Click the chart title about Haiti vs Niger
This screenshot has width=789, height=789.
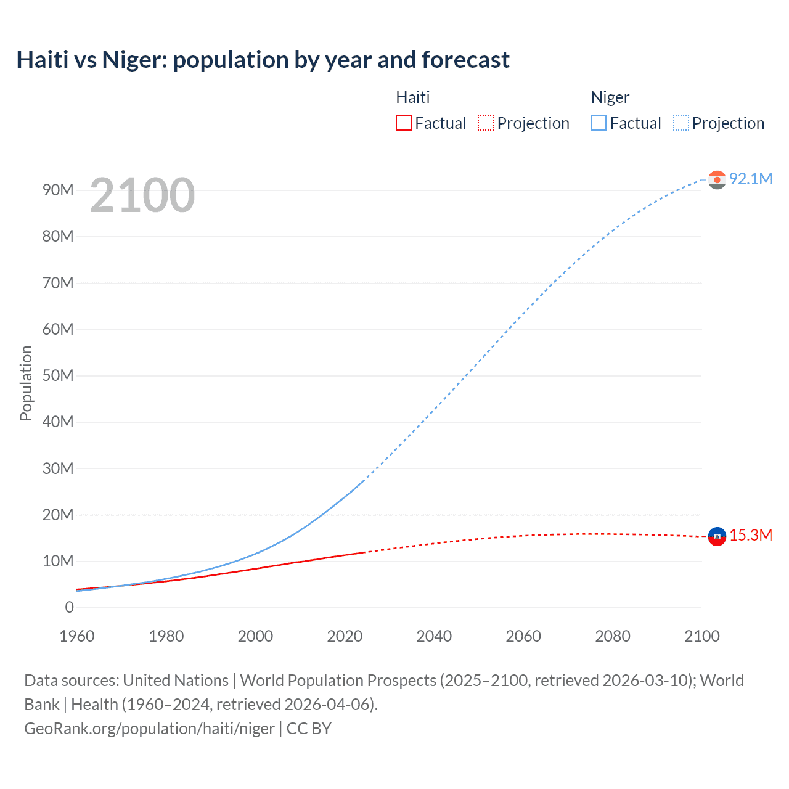(263, 60)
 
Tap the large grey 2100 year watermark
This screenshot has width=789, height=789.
(142, 195)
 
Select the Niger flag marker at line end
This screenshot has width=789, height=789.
(717, 179)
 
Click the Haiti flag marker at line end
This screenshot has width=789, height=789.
(717, 536)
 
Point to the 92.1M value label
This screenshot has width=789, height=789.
(750, 179)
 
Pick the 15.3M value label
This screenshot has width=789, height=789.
(750, 535)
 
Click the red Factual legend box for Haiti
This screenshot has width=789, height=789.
(403, 123)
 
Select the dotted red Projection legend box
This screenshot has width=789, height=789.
(486, 123)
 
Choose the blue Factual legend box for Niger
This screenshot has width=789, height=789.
(598, 123)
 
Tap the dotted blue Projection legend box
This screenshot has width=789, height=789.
(681, 123)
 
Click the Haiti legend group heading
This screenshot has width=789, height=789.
(412, 97)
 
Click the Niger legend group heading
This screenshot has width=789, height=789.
(610, 97)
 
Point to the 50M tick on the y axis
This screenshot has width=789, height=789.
(58, 375)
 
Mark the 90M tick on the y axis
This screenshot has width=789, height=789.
(58, 190)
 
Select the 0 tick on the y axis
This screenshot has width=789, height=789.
(69, 607)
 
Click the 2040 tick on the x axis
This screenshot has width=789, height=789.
(434, 636)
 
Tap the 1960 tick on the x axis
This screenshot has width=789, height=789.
(77, 636)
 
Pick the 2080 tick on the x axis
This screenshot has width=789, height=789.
(613, 636)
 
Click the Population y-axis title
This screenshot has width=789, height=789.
(26, 383)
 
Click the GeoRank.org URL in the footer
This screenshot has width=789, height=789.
(149, 729)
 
